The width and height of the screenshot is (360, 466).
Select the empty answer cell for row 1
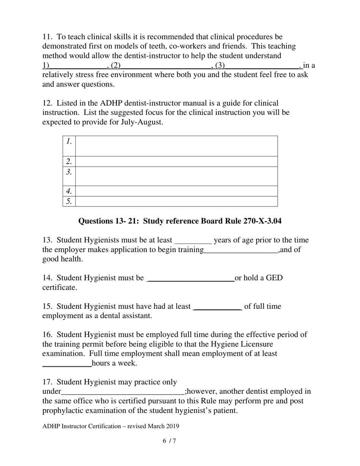(176, 146)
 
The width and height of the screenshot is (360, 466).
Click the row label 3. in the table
(69, 172)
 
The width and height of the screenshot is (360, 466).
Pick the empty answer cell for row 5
(176, 201)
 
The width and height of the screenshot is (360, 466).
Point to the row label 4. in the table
(69, 191)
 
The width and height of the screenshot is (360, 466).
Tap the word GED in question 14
(274, 278)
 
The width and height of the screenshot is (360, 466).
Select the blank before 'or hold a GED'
(191, 280)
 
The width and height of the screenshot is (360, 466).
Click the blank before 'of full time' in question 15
(218, 308)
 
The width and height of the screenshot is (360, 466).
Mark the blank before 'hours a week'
(67, 365)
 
